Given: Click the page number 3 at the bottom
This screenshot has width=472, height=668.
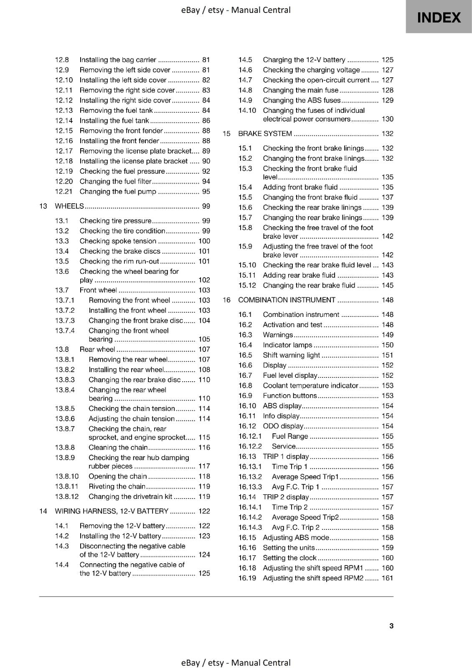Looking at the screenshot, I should pos(391,625).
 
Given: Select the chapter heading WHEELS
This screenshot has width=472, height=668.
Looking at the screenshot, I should pos(69,206).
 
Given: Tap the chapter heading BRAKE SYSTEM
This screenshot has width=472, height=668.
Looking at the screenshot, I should pos(265,134).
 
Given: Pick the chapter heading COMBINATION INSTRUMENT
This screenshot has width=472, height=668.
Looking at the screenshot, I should pos(287,300).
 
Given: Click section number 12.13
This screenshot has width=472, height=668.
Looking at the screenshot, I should pos(64,110).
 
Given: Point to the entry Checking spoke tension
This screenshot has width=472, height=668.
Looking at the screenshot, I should pos(118,241).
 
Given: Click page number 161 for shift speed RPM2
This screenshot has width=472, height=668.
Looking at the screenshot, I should pos(387,578).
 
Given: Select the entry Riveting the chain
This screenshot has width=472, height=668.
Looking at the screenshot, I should pos(117,486).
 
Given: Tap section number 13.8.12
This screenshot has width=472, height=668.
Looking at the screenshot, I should pos(67,496).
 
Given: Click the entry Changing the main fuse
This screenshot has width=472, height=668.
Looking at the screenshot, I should pos(300,90).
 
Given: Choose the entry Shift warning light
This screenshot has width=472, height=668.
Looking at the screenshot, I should pos(291,355).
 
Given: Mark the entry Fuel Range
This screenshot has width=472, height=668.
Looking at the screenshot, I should pos(290,436).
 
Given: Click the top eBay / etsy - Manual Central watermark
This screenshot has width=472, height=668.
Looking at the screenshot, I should pos(236,10).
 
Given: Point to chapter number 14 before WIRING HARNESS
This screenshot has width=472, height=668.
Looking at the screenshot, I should pos(43,511).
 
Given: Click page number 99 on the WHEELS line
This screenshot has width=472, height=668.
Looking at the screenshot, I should pos(206,206).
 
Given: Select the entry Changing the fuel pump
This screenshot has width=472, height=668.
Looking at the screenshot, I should pos(118,192).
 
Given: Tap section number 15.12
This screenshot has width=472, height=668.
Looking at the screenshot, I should pos(247,286).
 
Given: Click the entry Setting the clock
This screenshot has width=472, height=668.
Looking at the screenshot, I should pos(289,558).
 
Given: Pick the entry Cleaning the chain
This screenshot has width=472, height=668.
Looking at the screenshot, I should pos(118,448).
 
